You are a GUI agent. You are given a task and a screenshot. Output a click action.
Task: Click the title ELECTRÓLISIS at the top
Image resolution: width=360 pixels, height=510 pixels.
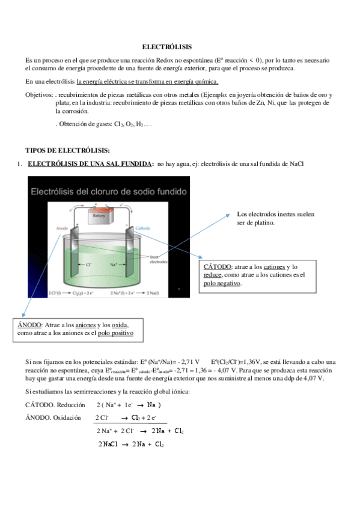(167, 46)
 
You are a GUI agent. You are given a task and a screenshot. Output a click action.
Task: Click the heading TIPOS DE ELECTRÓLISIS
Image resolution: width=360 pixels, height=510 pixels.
(67, 150)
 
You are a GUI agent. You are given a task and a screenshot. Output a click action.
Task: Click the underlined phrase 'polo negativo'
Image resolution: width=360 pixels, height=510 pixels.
(223, 283)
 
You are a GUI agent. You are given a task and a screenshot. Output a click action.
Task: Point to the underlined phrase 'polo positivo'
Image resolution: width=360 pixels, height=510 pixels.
(116, 333)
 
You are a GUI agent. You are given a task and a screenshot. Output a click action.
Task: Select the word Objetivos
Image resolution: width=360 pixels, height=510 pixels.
(38, 95)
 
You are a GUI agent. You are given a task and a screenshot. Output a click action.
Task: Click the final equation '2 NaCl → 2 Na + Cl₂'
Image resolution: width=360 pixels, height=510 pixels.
(131, 444)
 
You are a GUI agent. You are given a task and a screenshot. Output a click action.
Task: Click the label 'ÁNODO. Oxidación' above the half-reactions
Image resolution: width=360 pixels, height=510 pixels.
(52, 417)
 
